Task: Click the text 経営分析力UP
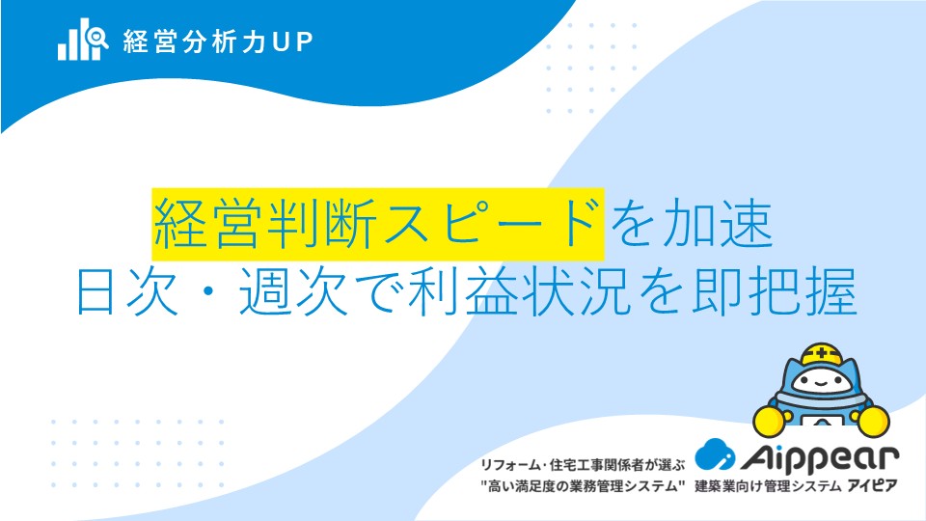218,41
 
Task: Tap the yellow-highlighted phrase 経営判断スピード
378,224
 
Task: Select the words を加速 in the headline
691,224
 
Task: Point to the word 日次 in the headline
127,291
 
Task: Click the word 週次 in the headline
293,291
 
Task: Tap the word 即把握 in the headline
775,291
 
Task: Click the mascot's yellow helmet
822,354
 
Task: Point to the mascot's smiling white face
821,382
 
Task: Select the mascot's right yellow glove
874,422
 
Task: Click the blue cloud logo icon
715,454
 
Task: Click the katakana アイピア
872,486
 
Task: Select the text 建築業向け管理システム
768,486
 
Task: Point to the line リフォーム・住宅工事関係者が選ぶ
584,465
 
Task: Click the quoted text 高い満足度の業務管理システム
584,486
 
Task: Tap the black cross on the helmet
822,354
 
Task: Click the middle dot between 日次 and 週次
209,292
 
